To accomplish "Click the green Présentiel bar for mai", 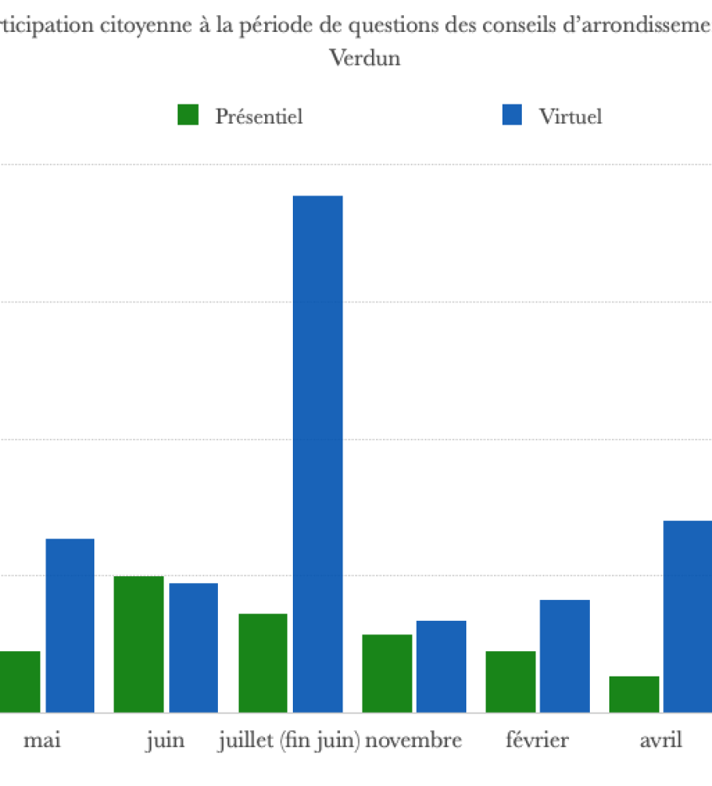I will point(19,682).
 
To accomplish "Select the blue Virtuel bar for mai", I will point(70,625).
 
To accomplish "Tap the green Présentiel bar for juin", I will point(139,644).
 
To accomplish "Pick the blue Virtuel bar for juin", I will point(194,648).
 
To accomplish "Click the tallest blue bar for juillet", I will point(317,454).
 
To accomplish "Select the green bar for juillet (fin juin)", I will point(263,663).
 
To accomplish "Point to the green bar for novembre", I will point(387,673).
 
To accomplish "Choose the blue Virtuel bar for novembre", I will point(441,666).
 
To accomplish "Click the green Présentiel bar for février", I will point(510,682).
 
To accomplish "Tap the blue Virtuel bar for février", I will point(565,656).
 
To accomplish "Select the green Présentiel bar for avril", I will point(634,694).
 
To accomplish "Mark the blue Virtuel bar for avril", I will point(688,617).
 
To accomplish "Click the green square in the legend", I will point(188,115).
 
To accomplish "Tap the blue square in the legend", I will point(512,115).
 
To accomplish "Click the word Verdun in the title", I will point(364,59).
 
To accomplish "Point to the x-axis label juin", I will point(165,741).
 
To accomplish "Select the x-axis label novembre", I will point(413,741).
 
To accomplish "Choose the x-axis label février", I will point(537,741).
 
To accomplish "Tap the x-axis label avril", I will point(661,741).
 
